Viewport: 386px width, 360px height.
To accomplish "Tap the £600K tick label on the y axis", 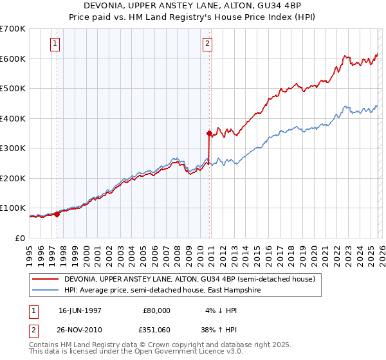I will tap(13, 59).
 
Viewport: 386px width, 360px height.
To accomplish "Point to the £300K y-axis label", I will tap(13, 148).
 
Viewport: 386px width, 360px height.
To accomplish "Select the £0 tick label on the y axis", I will tap(21, 238).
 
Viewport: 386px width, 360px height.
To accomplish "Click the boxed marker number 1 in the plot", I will tap(55, 44).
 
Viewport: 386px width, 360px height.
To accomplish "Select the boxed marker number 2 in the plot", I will tap(208, 44).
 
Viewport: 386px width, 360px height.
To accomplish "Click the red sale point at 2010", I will tap(209, 134).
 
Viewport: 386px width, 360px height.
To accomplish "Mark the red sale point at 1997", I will tap(57, 214).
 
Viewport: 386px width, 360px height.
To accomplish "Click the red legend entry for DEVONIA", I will tap(188, 280).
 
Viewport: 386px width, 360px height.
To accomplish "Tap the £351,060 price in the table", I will tap(156, 329).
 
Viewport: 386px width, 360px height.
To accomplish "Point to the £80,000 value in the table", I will tap(156, 310).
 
